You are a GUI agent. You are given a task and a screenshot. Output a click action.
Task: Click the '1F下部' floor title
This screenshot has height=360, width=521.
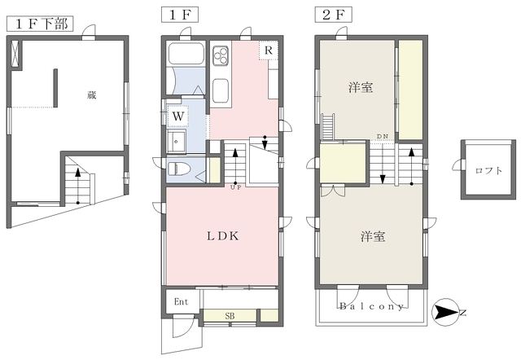[38, 22]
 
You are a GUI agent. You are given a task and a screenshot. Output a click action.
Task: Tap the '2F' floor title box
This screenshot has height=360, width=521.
[330, 15]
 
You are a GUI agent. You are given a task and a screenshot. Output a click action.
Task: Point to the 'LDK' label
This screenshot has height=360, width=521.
[221, 236]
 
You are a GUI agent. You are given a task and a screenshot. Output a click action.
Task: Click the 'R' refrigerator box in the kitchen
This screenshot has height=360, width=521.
[267, 50]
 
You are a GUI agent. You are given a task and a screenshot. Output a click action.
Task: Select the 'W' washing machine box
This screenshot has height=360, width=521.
[177, 116]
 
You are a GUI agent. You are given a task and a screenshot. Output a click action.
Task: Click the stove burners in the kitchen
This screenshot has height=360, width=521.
[221, 55]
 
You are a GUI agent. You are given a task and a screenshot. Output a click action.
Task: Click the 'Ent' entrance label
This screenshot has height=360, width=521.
[182, 301]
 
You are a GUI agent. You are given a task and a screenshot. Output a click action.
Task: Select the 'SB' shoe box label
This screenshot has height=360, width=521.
[230, 314]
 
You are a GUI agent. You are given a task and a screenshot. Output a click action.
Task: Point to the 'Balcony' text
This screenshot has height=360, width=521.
[372, 307]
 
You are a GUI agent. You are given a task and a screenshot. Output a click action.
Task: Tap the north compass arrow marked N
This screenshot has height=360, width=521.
[446, 310]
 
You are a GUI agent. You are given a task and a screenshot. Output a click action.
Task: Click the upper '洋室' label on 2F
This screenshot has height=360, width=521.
[361, 88]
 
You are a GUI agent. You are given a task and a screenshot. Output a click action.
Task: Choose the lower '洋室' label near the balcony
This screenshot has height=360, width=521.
[373, 237]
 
